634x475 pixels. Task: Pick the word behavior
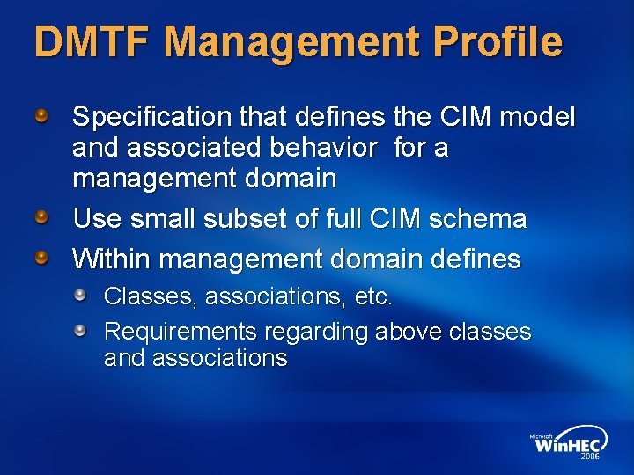pyautogui.click(x=319, y=148)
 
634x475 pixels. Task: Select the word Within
pyautogui.click(x=112, y=259)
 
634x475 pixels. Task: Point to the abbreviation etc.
pyautogui.click(x=372, y=297)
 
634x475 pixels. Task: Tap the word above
pyautogui.click(x=409, y=332)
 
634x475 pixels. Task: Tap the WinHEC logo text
pyautogui.click(x=567, y=444)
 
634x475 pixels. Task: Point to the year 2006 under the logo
pyautogui.click(x=589, y=457)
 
